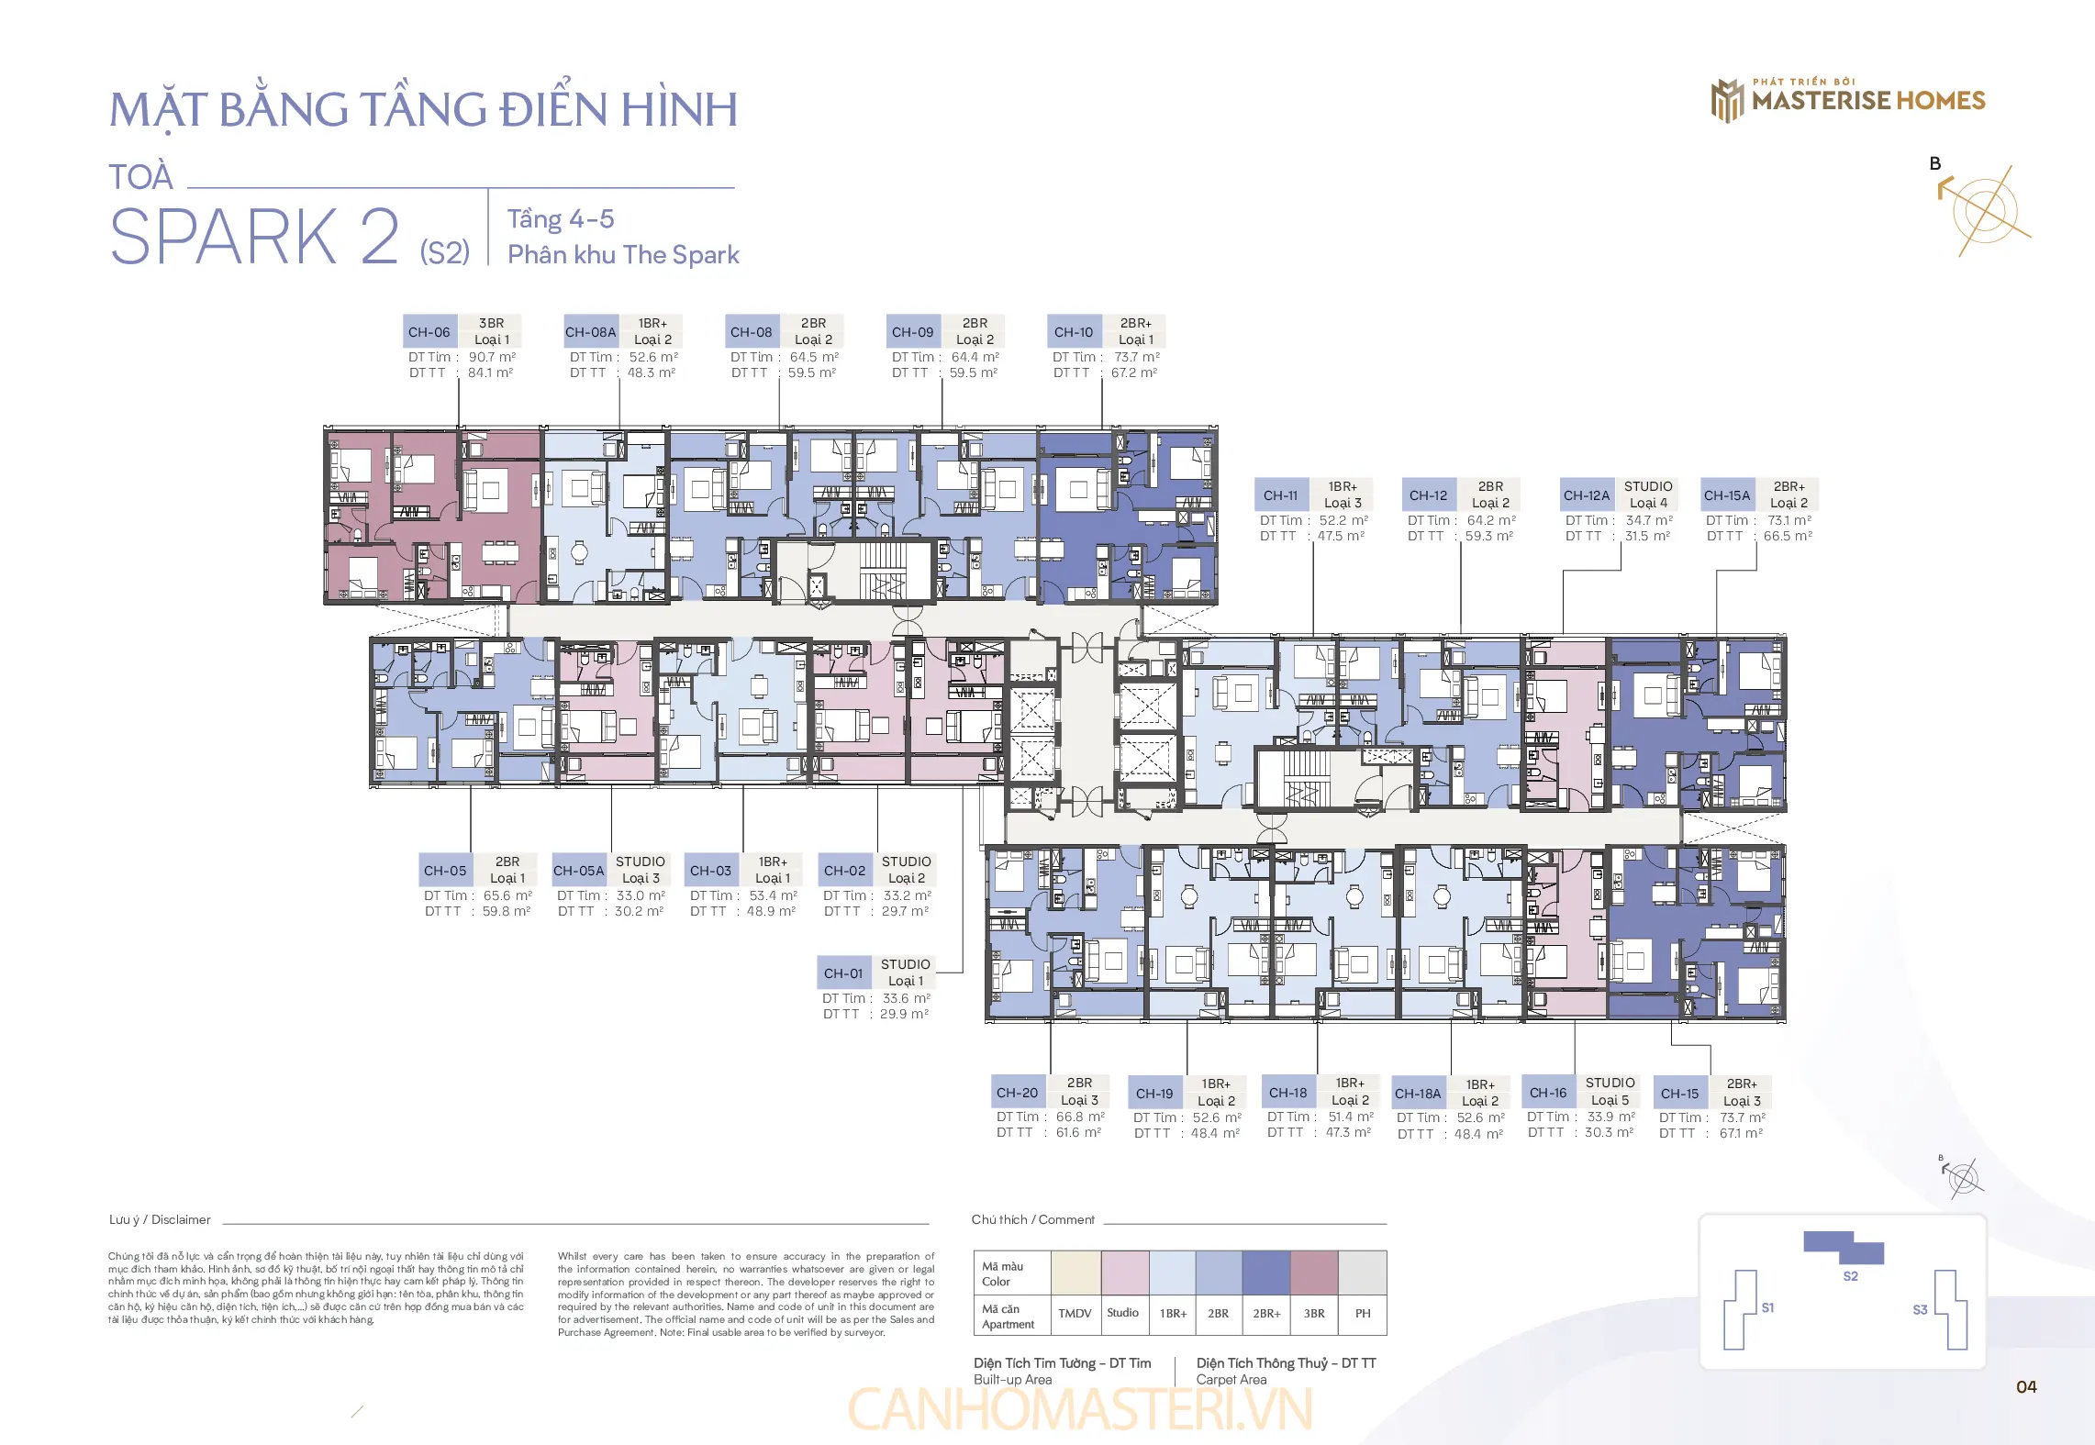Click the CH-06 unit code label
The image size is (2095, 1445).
pyautogui.click(x=429, y=332)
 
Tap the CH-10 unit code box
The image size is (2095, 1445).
pyautogui.click(x=1074, y=332)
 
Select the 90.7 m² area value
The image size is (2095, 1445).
pyautogui.click(x=492, y=357)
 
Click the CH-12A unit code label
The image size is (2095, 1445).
pyautogui.click(x=1587, y=495)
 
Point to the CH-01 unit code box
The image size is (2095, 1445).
pyautogui.click(x=843, y=973)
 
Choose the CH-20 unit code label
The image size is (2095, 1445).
pyautogui.click(x=1018, y=1093)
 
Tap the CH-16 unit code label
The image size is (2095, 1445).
pyautogui.click(x=1548, y=1093)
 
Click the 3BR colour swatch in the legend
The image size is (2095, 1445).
pyautogui.click(x=1314, y=1273)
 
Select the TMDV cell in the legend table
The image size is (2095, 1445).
pyautogui.click(x=1075, y=1313)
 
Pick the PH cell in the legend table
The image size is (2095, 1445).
pyautogui.click(x=1363, y=1313)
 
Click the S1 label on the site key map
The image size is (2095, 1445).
pyautogui.click(x=1767, y=1307)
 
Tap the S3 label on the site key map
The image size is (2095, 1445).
pyautogui.click(x=1920, y=1309)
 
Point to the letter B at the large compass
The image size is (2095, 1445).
pyautogui.click(x=1935, y=164)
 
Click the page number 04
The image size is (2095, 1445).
pyautogui.click(x=2026, y=1386)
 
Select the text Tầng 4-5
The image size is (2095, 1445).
pyautogui.click(x=561, y=219)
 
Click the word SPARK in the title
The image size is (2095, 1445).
pyautogui.click(x=224, y=238)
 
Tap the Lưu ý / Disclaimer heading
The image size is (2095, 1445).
pyautogui.click(x=160, y=1219)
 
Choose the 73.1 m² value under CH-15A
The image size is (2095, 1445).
pyautogui.click(x=1789, y=520)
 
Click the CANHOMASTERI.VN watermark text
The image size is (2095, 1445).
pyautogui.click(x=1080, y=1410)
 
